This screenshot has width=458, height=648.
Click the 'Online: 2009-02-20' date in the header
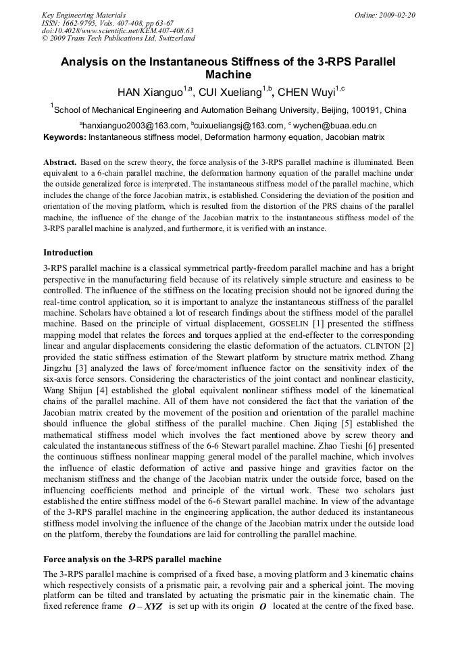[385, 15]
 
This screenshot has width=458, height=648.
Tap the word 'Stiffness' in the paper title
[258, 62]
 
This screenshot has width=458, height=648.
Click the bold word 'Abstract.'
[59, 163]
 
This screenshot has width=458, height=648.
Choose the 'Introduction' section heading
[68, 253]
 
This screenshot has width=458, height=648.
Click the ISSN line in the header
[108, 23]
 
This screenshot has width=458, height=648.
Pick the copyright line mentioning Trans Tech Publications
[118, 39]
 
